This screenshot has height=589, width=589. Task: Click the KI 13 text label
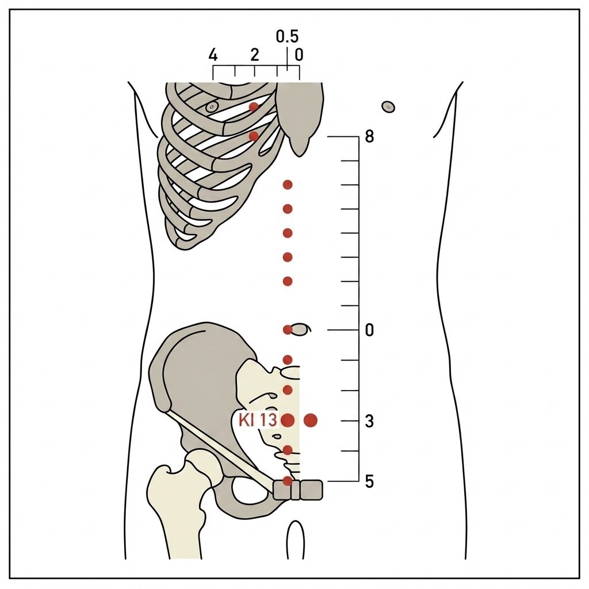tap(258, 420)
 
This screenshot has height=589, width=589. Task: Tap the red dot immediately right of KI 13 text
tap(288, 420)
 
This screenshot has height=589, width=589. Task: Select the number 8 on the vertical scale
tap(369, 137)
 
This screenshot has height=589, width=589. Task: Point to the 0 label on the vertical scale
tap(369, 330)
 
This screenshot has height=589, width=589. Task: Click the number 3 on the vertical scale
tap(369, 421)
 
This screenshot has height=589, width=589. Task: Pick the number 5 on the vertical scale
tap(369, 481)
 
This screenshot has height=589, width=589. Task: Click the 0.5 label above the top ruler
tap(287, 36)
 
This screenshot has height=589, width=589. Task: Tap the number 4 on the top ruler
tap(213, 55)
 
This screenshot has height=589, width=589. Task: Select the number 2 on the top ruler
tap(255, 55)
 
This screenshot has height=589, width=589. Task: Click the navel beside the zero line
tap(300, 330)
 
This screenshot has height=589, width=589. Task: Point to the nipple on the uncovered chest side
tap(388, 106)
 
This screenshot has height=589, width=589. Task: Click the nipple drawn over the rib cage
tap(212, 107)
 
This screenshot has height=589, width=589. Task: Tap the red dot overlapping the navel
tap(288, 330)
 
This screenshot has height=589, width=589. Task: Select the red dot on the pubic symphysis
tap(288, 481)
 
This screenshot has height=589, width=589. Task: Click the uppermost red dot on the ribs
tap(254, 106)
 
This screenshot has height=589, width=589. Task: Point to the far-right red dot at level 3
tap(311, 420)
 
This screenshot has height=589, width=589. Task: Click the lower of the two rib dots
tap(254, 136)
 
